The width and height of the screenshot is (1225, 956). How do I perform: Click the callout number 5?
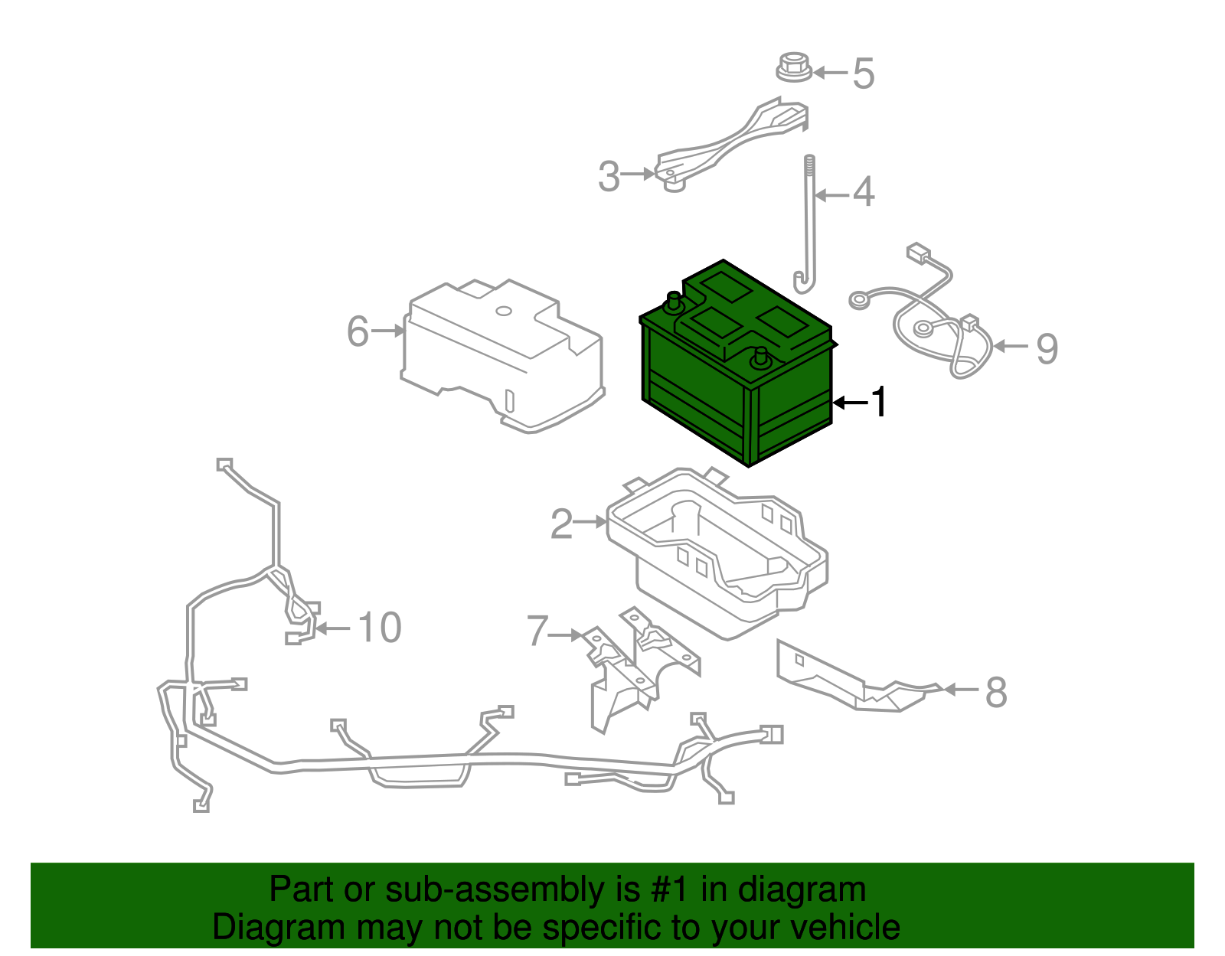click(863, 73)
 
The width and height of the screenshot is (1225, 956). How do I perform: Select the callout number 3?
click(609, 177)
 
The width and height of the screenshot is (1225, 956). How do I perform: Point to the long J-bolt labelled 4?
click(809, 230)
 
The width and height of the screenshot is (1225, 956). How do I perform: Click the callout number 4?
click(863, 192)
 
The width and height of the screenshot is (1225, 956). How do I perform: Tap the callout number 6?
click(358, 332)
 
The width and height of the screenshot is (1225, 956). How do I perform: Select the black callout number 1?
click(880, 402)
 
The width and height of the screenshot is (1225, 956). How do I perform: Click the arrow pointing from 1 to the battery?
click(850, 403)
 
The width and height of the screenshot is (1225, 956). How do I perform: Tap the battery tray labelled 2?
click(720, 551)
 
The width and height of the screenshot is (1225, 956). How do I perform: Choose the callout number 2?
click(561, 524)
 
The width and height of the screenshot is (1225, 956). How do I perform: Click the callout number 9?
click(1047, 348)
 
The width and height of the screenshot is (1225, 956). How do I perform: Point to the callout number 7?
click(537, 632)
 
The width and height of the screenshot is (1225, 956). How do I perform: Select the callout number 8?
click(995, 693)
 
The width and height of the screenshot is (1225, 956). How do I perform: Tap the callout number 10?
click(379, 628)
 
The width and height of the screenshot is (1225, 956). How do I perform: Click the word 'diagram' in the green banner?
click(802, 889)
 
